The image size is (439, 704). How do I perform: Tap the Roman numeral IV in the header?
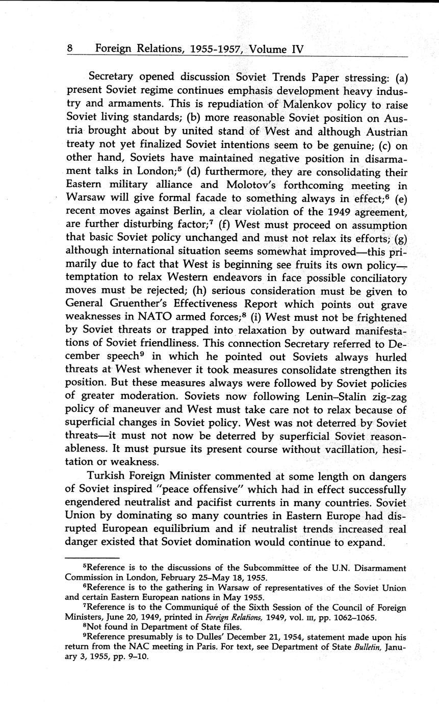click(296, 49)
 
